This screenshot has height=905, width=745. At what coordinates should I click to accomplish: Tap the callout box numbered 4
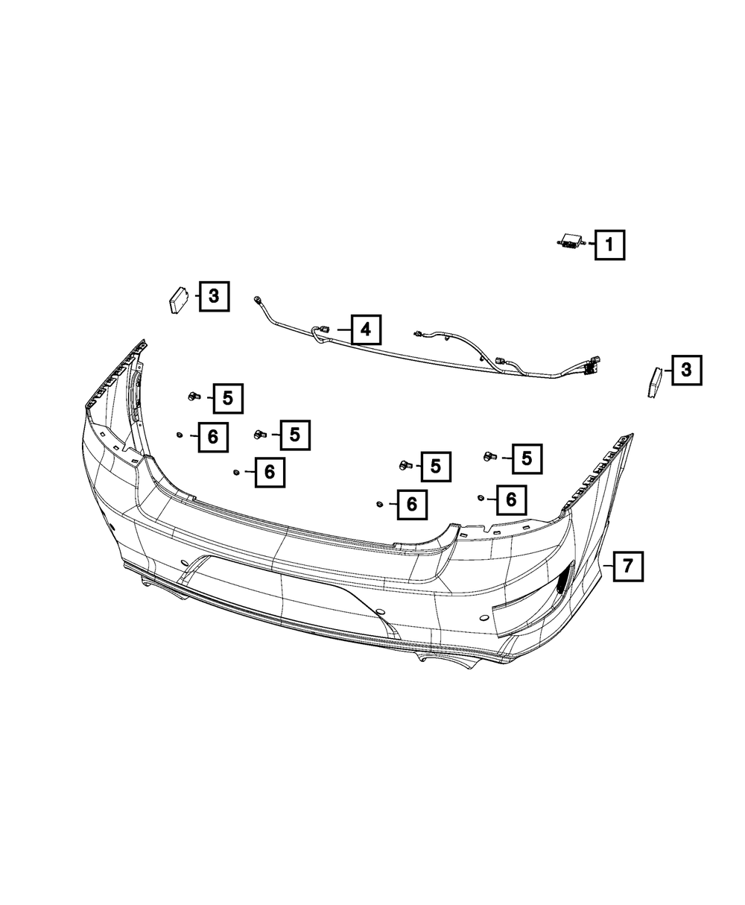365,329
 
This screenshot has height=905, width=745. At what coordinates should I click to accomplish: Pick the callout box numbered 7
627,567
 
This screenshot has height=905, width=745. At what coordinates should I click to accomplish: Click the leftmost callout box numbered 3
214,297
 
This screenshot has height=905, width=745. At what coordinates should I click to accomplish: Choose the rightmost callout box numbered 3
686,369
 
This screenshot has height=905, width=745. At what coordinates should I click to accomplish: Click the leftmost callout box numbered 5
228,398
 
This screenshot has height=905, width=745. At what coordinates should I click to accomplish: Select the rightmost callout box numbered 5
527,458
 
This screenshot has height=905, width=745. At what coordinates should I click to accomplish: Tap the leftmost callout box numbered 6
213,437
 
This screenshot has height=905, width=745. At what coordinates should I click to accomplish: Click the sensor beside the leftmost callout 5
193,395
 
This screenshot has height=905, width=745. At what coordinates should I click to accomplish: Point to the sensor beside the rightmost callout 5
490,455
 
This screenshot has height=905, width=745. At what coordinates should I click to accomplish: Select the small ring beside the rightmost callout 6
481,496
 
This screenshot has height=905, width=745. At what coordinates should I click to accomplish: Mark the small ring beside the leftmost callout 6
180,435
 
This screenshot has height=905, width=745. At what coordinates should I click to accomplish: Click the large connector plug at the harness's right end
592,368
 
